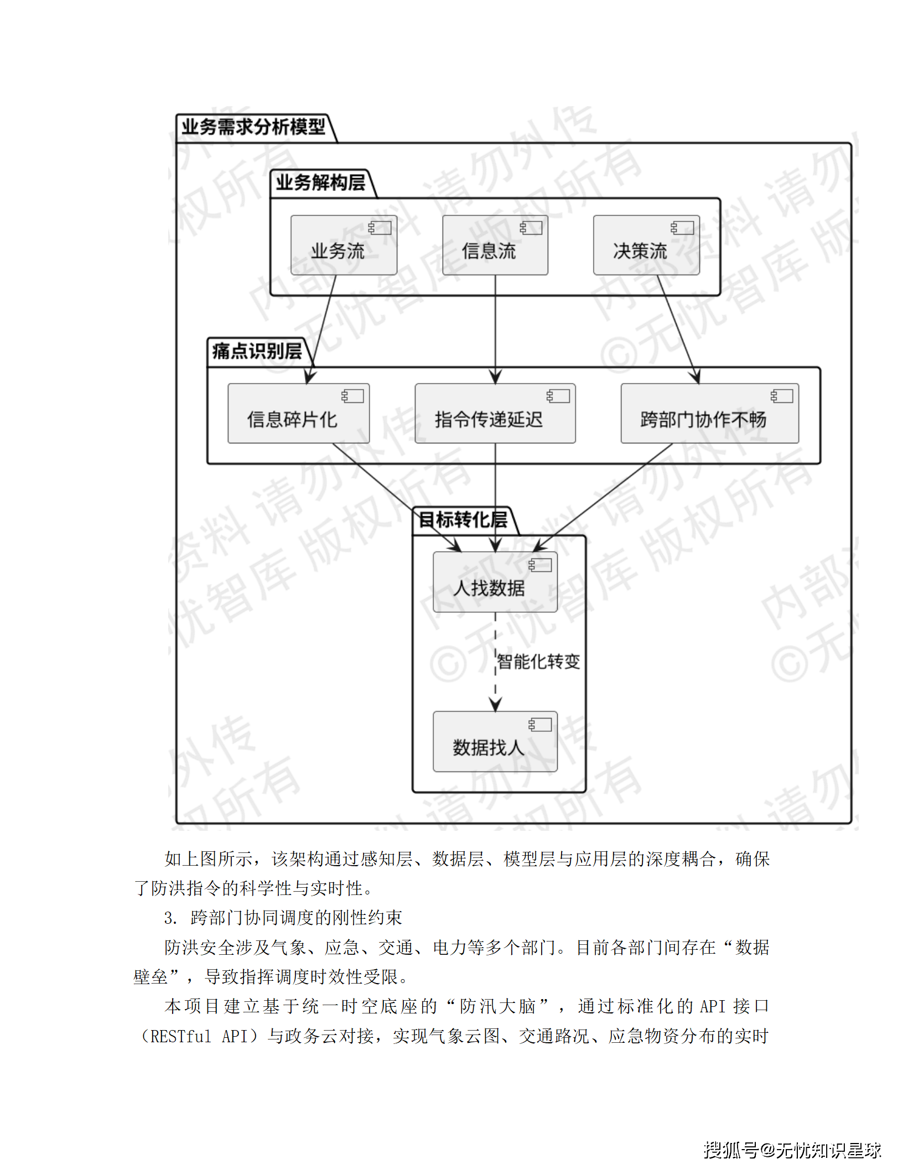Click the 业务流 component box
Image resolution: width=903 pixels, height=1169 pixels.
tap(344, 245)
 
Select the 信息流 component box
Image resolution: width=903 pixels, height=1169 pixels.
tap(495, 245)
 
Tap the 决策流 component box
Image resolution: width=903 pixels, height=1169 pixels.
tap(646, 245)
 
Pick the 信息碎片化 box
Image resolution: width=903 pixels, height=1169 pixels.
tap(298, 413)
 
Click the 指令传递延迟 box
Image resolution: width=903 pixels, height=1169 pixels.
tap(495, 413)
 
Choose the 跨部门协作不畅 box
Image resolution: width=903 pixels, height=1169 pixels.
tap(709, 413)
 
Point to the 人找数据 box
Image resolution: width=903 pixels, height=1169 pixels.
tap(495, 582)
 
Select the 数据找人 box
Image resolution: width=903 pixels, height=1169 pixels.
tap(495, 741)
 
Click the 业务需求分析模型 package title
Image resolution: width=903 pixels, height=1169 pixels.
tap(254, 127)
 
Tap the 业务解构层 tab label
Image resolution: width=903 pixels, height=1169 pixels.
tap(320, 183)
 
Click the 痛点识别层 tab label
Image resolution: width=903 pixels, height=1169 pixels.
tap(257, 351)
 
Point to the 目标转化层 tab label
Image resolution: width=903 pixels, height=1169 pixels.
tap(463, 520)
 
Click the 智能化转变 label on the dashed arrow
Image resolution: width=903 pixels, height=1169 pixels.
tap(538, 661)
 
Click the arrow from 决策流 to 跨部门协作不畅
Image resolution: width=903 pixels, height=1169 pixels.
tap(676, 327)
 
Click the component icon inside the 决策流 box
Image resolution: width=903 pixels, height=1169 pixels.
tap(682, 228)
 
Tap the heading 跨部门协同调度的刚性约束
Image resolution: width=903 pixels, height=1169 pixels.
tap(296, 918)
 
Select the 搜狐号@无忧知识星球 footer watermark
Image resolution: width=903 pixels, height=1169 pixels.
tap(792, 1150)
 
